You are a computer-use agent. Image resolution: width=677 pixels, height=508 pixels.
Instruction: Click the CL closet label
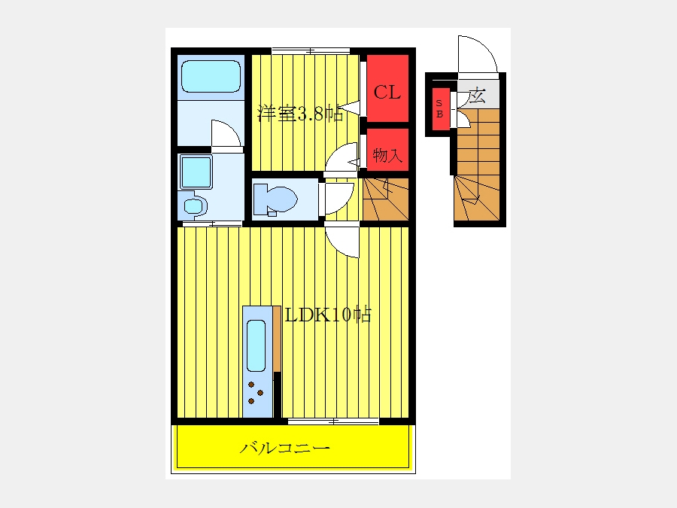pos(387,92)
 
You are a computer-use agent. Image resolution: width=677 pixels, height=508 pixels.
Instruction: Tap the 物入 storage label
pos(387,154)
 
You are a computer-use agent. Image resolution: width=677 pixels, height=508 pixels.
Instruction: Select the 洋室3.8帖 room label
pos(300,113)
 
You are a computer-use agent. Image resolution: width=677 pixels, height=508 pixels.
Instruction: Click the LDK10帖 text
pos(328,315)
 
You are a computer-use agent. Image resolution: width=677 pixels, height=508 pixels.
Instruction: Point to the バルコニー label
pos(285,448)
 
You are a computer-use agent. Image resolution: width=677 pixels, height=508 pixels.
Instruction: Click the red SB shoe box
pos(439,109)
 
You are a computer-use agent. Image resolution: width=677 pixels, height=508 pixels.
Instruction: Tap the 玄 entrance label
pos(478,96)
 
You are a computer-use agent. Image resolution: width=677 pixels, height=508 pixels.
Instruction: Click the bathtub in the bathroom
pos(211,77)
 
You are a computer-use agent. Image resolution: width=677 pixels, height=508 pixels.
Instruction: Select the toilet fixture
pos(275,200)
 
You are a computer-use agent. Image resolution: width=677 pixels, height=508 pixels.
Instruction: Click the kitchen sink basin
pos(256,345)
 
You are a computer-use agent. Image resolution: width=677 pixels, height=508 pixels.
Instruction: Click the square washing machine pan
pos(196,172)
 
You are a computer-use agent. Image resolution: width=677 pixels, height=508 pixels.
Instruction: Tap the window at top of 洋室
pos(311,51)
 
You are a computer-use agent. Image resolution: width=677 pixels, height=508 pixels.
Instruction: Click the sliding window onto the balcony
pos(333,421)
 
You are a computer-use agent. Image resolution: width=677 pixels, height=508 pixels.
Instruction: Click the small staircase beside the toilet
pos(386,199)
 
